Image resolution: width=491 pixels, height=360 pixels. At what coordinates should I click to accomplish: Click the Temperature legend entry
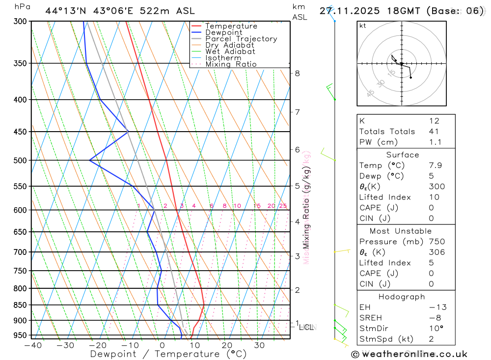[231, 26]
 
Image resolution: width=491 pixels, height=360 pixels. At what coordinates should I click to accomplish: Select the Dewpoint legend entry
[223, 32]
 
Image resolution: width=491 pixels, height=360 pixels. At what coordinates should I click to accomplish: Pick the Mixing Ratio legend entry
[231, 64]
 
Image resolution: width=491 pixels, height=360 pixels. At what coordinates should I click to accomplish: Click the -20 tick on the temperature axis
[98, 345]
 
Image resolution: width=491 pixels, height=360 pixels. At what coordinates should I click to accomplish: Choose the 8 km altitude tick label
[297, 73]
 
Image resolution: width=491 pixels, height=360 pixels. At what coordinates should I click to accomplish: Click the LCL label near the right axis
[306, 327]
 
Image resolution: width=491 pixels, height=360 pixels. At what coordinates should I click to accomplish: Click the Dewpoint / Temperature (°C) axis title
[161, 354]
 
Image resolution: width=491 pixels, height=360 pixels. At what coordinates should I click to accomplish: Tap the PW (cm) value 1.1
[435, 142]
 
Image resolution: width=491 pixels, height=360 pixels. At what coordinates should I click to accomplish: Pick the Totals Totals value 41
[434, 132]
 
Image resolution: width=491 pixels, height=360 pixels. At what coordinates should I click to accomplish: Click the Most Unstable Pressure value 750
[436, 242]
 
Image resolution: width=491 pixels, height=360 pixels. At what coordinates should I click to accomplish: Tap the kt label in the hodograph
[363, 26]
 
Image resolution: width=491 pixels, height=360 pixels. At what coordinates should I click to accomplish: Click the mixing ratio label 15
[257, 206]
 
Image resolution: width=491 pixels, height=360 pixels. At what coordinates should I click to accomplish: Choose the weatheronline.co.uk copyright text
[409, 354]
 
